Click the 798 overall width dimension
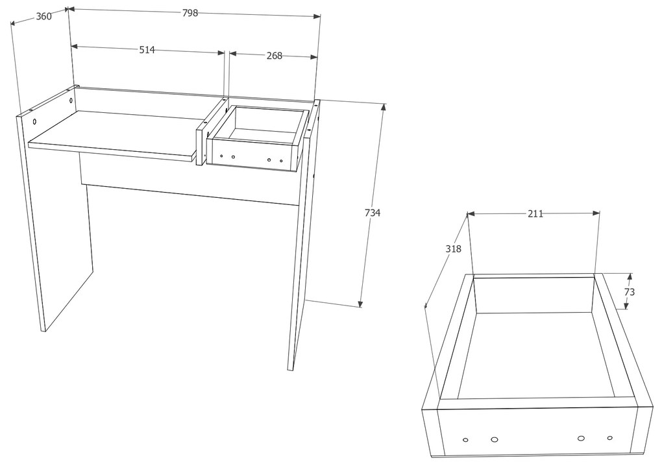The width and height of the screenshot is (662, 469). pyautogui.click(x=190, y=13)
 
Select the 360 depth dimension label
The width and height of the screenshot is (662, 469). pyautogui.click(x=43, y=16)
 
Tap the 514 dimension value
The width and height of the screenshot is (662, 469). pyautogui.click(x=147, y=50)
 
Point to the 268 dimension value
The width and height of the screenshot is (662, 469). pyautogui.click(x=274, y=56)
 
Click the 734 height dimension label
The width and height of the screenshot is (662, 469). pyautogui.click(x=373, y=213)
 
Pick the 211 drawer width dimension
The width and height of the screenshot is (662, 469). pyautogui.click(x=535, y=214)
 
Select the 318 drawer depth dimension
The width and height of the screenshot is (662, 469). pyautogui.click(x=454, y=249)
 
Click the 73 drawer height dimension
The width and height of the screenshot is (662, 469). pyautogui.click(x=629, y=292)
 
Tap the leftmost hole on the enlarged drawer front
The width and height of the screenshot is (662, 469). pyautogui.click(x=465, y=440)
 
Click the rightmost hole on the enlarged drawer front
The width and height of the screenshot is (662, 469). pyautogui.click(x=609, y=438)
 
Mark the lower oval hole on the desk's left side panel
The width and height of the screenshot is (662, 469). pyautogui.click(x=34, y=121)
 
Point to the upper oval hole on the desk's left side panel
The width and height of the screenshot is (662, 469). pyautogui.click(x=71, y=101)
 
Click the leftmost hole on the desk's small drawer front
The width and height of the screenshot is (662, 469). pyautogui.click(x=221, y=156)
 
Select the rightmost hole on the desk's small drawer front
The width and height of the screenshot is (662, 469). pyautogui.click(x=281, y=161)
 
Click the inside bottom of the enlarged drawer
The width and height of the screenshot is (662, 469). pyautogui.click(x=536, y=355)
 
